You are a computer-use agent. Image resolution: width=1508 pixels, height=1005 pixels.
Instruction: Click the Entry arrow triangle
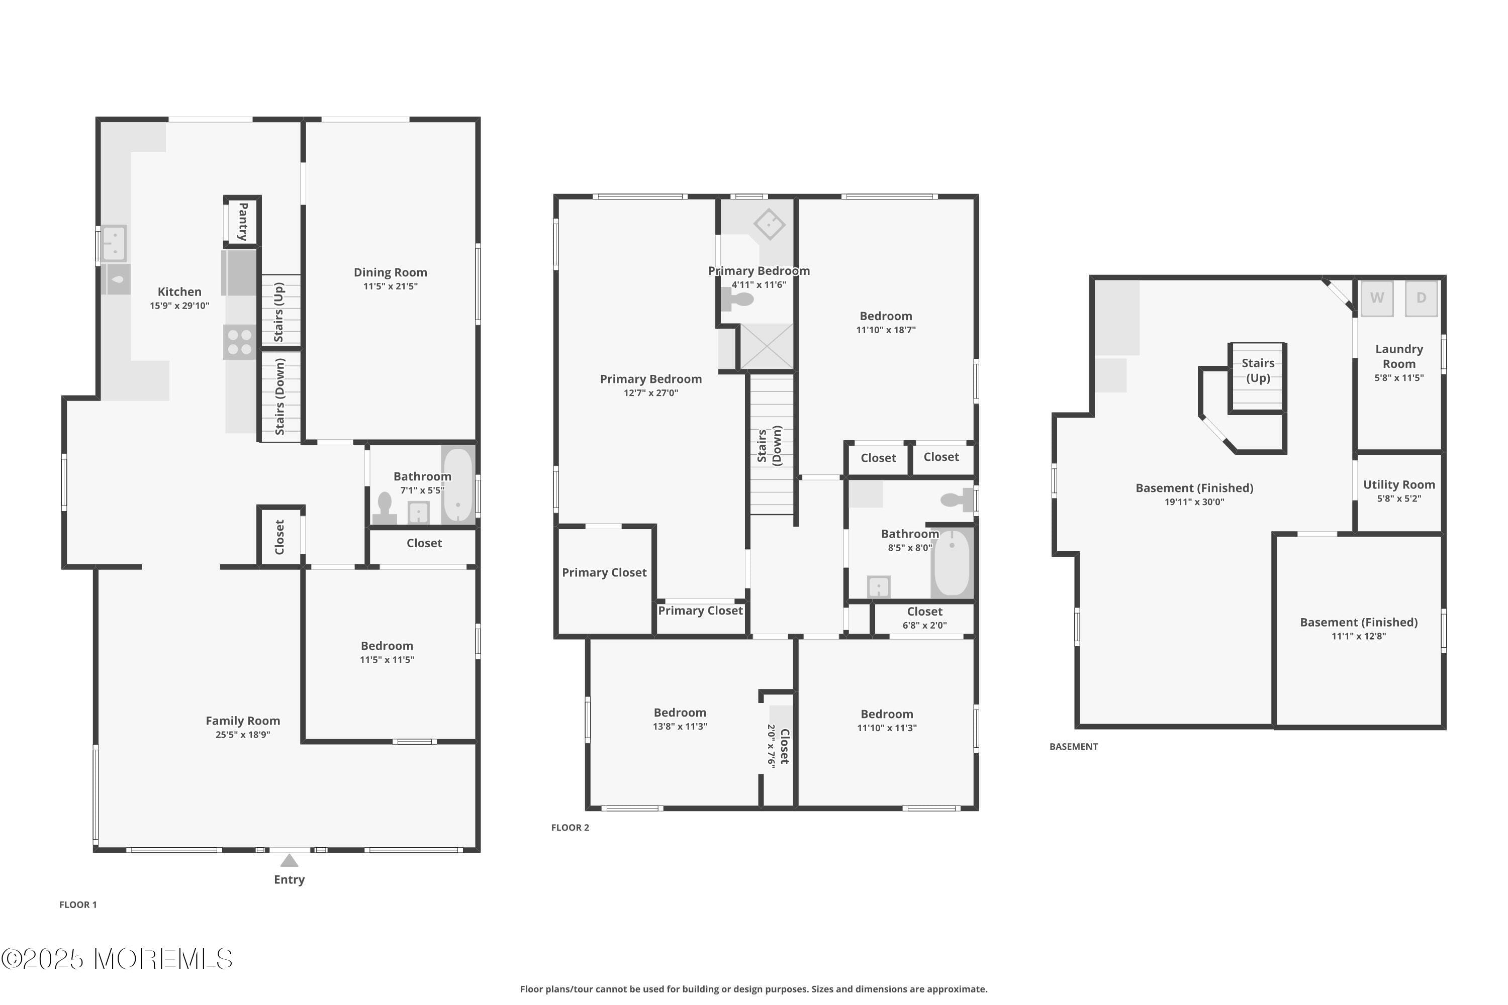click(289, 860)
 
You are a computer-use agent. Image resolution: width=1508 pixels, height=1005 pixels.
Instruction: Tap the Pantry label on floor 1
click(243, 222)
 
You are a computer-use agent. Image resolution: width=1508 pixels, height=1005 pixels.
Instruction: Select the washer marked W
click(1377, 298)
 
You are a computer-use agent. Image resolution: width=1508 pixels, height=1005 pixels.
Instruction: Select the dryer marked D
click(1421, 298)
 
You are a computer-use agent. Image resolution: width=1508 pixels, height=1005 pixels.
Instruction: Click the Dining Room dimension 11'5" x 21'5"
click(390, 286)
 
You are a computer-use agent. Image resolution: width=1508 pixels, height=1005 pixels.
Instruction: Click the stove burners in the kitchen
click(240, 342)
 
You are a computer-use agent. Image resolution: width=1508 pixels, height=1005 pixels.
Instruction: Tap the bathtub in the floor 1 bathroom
click(458, 486)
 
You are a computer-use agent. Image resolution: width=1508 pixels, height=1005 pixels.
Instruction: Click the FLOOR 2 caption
click(570, 828)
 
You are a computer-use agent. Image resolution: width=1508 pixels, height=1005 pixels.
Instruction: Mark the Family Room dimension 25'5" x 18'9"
click(242, 735)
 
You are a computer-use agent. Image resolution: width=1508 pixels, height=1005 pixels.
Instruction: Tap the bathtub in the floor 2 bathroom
click(952, 563)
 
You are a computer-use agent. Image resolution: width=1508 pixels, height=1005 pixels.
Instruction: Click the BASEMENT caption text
click(1073, 747)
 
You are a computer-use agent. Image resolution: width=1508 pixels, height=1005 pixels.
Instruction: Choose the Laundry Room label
click(1398, 356)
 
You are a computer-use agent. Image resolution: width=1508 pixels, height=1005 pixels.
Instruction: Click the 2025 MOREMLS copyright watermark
click(117, 959)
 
